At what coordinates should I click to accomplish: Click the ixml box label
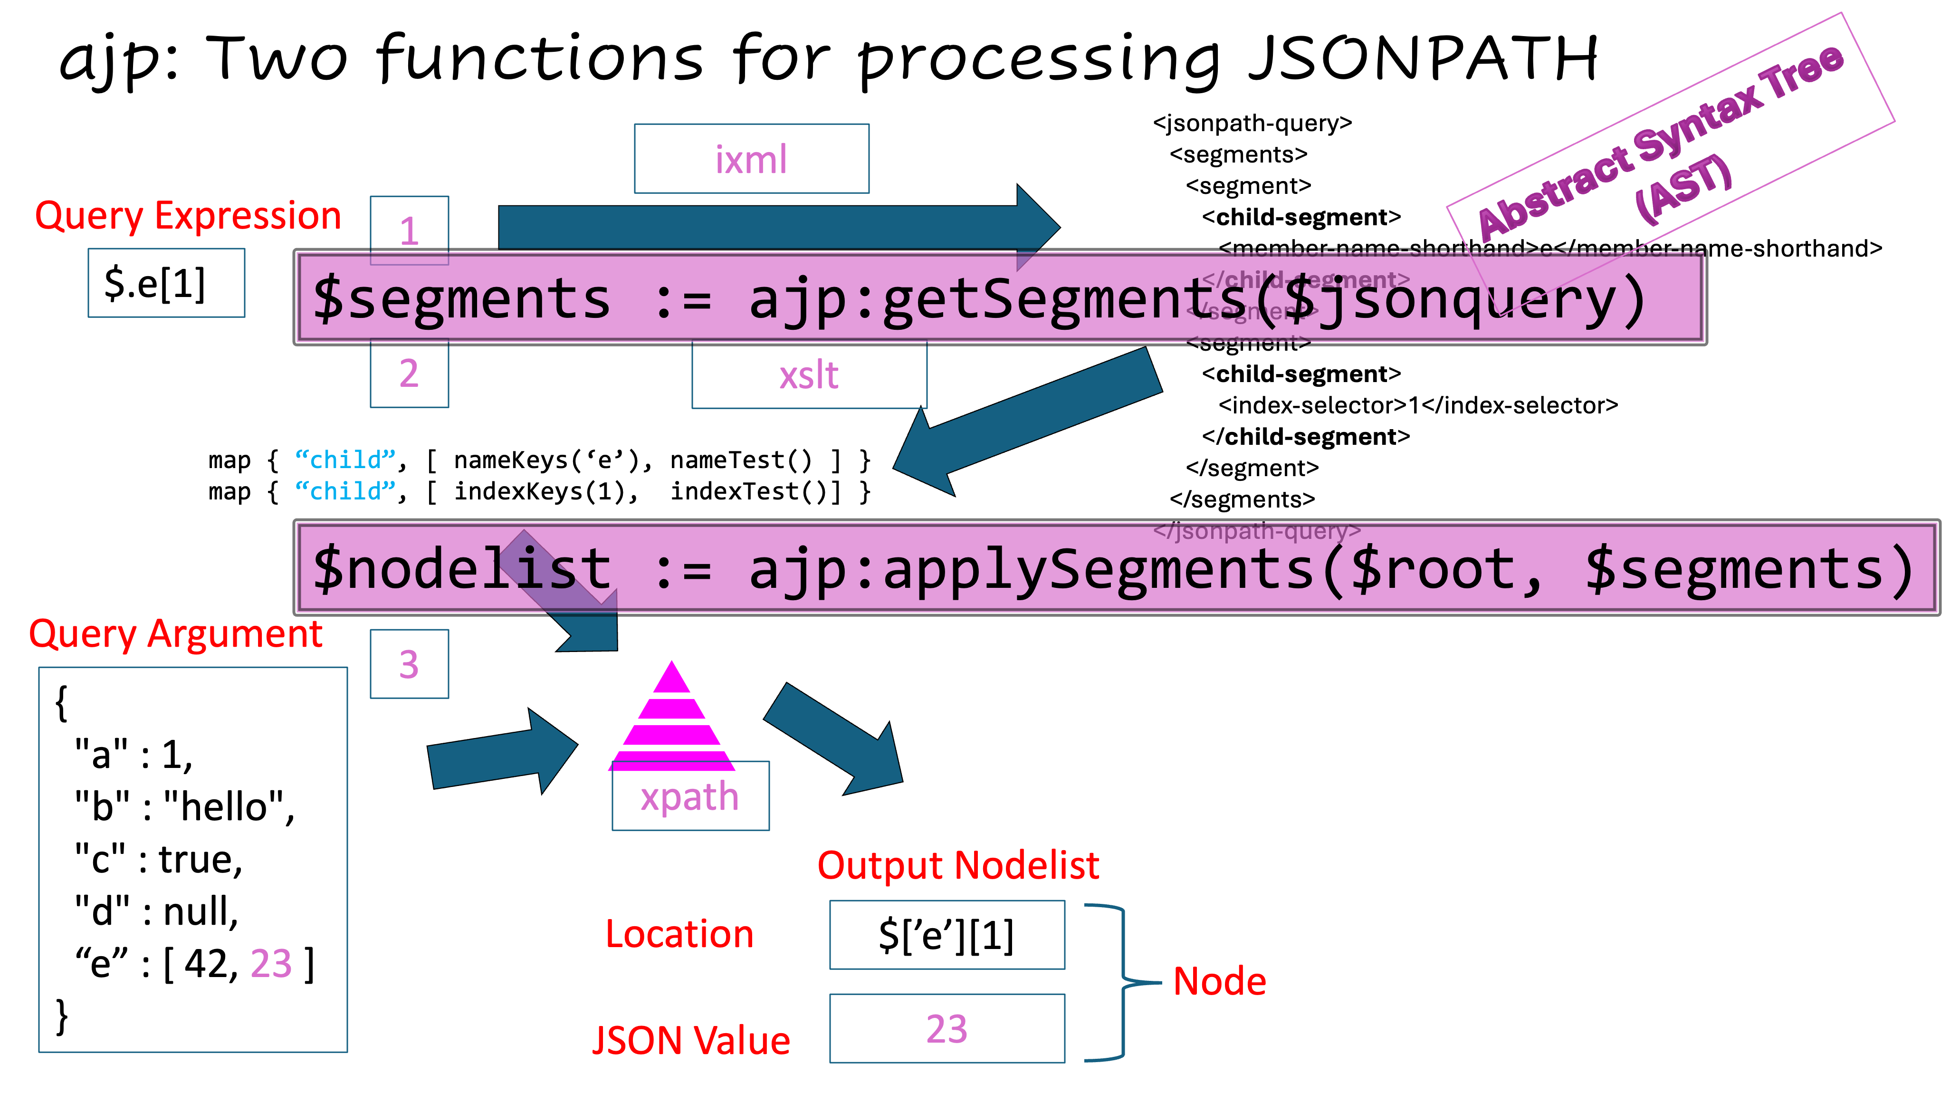(751, 159)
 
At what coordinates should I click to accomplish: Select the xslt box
(809, 375)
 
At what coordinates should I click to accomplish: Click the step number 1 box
(410, 230)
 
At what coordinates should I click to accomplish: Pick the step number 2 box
(410, 374)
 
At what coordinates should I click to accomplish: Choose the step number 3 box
(410, 664)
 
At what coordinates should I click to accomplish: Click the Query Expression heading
(188, 216)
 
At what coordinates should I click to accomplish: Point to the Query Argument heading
(176, 634)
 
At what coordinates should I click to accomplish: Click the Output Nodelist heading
(958, 865)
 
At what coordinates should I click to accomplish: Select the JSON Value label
(691, 1040)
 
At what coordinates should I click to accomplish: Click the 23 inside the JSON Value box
(947, 1029)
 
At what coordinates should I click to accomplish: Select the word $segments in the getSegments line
(461, 298)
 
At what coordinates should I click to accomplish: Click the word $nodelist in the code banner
(461, 568)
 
